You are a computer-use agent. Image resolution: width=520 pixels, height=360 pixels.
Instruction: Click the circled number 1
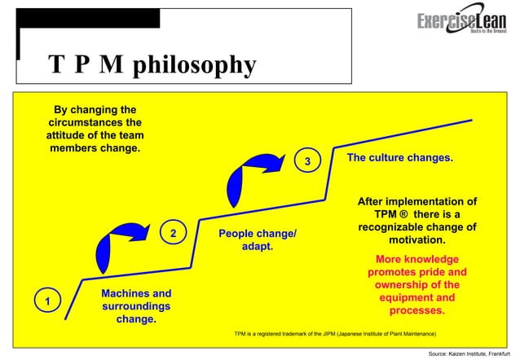pos(47,301)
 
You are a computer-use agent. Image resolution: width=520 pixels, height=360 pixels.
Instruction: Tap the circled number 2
pos(173,234)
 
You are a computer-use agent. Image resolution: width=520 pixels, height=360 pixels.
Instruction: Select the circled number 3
pos(307,161)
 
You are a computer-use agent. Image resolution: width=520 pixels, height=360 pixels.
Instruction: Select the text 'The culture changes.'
pos(400,156)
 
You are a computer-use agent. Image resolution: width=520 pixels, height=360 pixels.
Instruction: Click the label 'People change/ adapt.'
pos(258,240)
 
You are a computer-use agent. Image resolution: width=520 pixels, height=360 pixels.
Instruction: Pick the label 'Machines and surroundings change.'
pos(136,306)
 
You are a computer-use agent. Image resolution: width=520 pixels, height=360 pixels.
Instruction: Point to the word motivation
pos(416,241)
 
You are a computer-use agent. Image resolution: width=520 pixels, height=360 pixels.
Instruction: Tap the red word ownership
pos(416,284)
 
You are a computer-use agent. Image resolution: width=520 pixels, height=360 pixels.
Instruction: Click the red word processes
pos(416,310)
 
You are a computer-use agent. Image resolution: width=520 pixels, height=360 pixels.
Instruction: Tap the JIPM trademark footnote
pos(334,334)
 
